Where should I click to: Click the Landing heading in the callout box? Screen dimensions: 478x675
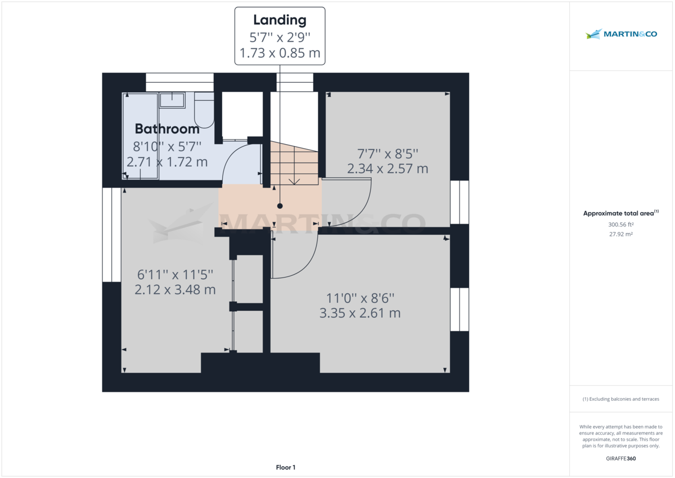click(280, 20)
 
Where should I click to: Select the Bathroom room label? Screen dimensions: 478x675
click(166, 129)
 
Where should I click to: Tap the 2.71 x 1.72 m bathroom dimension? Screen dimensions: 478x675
click(166, 162)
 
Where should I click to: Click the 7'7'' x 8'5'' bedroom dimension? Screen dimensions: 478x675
click(388, 153)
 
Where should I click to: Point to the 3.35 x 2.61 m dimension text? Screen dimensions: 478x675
click(360, 313)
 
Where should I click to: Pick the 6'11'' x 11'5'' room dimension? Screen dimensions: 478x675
click(175, 274)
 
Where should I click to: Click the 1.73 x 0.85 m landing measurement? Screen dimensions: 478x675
click(280, 53)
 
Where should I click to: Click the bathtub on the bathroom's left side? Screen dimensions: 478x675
click(141, 135)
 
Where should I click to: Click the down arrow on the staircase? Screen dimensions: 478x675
click(293, 180)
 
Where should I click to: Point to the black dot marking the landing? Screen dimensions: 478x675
click(280, 206)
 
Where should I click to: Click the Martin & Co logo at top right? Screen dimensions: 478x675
click(621, 34)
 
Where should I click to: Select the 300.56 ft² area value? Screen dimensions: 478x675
click(621, 224)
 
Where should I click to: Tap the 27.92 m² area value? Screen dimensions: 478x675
click(621, 234)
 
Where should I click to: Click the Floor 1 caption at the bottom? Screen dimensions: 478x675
click(285, 467)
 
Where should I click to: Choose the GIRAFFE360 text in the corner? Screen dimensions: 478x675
click(621, 458)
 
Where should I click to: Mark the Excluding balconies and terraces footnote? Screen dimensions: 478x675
click(621, 399)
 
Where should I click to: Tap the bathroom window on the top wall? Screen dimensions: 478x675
click(179, 82)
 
